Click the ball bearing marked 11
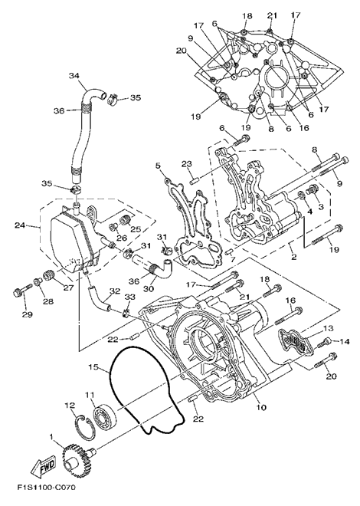tap(106, 415)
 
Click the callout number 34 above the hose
tap(74, 76)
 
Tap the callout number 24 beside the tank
tap(20, 225)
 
